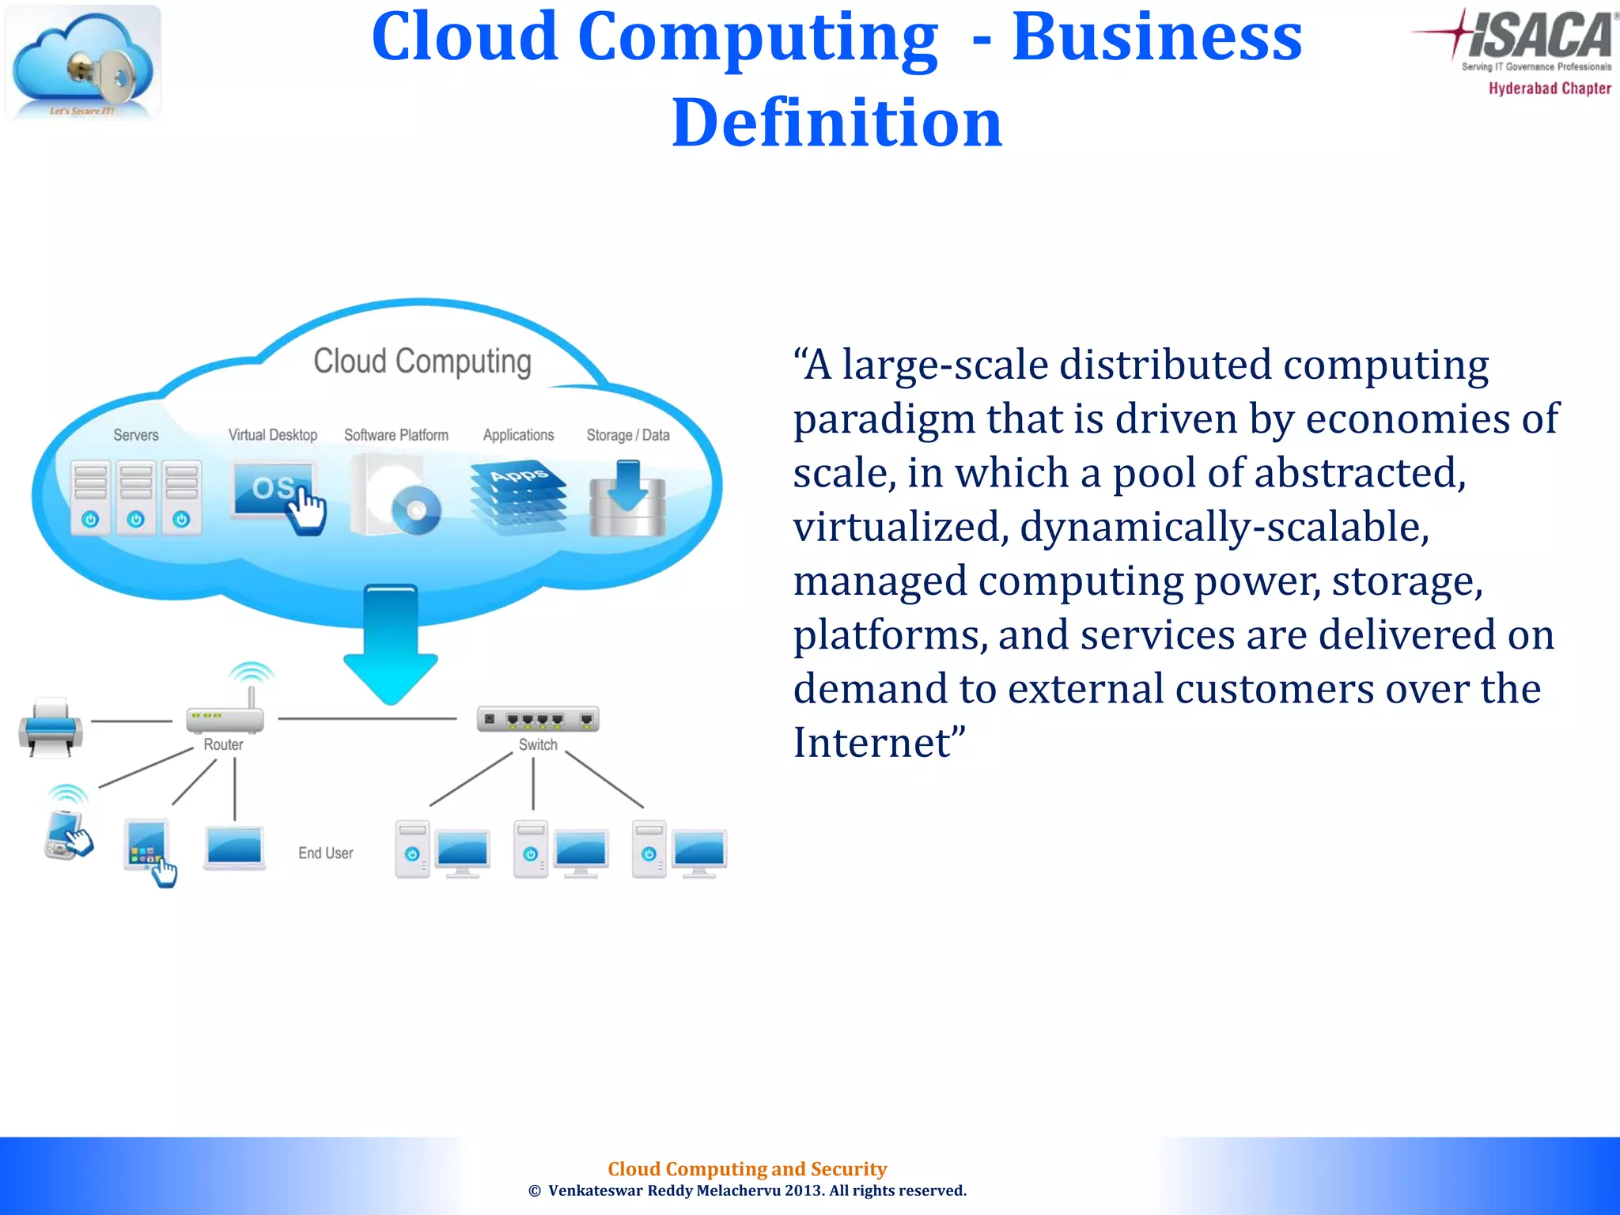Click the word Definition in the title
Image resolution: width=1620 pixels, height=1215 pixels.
coord(837,123)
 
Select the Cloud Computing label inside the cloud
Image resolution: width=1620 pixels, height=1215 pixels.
coord(422,361)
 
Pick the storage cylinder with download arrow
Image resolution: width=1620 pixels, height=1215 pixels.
coord(627,500)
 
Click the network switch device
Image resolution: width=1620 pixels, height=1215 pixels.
coord(538,719)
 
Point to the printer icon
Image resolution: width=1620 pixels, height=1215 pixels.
coord(51,726)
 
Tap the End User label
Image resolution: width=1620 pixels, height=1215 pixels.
coord(326,854)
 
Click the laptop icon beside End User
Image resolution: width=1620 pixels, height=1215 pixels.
coord(234,848)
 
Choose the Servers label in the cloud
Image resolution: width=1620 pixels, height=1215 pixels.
coord(136,435)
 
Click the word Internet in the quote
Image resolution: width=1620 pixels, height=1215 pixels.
coord(872,743)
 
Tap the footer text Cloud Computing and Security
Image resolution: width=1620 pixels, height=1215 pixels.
coord(747,1168)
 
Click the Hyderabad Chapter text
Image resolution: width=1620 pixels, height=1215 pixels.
coord(1549,89)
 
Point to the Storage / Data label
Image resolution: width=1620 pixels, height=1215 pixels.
coord(628,435)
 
